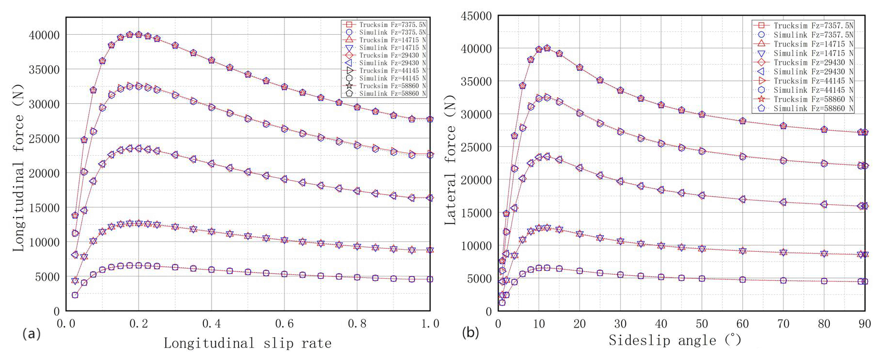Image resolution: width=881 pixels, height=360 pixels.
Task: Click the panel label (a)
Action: pos(31,333)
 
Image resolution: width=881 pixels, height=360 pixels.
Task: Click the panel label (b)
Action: pos(470,332)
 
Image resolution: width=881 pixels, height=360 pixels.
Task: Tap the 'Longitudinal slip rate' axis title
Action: pos(247,344)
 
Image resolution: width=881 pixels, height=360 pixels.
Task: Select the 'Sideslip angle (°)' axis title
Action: pos(675,341)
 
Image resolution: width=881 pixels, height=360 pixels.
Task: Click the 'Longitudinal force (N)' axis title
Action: pos(18,167)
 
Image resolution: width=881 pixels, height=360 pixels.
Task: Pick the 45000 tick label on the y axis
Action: pos(476,16)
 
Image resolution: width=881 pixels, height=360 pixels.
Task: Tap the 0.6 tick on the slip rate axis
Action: pos(284,324)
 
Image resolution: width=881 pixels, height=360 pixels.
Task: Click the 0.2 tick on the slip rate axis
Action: pos(139,324)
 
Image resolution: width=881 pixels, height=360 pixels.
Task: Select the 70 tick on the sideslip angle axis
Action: pos(783,324)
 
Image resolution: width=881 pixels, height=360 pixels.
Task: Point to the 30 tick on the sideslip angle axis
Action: pos(620,324)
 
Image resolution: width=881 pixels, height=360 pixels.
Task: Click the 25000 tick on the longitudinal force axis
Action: pos(44,139)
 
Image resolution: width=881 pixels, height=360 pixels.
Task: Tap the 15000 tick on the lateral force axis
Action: pos(476,213)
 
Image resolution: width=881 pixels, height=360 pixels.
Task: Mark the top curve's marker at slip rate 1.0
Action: pos(430,119)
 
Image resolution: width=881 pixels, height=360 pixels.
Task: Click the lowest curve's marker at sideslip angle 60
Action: pos(742,280)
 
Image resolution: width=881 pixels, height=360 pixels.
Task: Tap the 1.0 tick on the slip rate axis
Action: pos(430,324)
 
